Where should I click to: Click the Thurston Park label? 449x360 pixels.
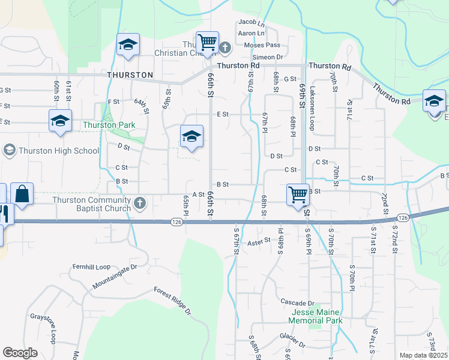point(109,125)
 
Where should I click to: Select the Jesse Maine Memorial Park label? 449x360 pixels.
point(316,317)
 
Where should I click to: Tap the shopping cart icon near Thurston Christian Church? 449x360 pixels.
point(207,43)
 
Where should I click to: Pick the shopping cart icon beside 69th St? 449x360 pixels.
point(298,194)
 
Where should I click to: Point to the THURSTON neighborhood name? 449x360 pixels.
point(130,76)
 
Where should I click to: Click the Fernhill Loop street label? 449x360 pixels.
point(89,266)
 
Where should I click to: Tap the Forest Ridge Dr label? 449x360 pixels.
point(172,301)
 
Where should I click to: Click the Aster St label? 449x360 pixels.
point(259,241)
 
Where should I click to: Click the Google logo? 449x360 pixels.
point(20,353)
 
